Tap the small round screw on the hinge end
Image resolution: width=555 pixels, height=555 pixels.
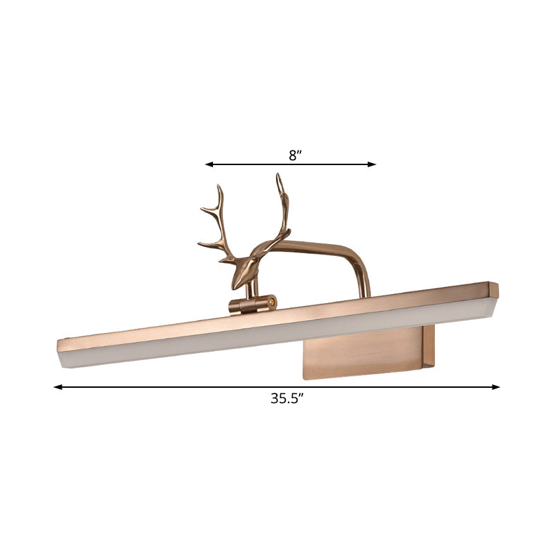coord(272,302)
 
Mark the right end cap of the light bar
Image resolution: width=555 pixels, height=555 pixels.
coord(493,290)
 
